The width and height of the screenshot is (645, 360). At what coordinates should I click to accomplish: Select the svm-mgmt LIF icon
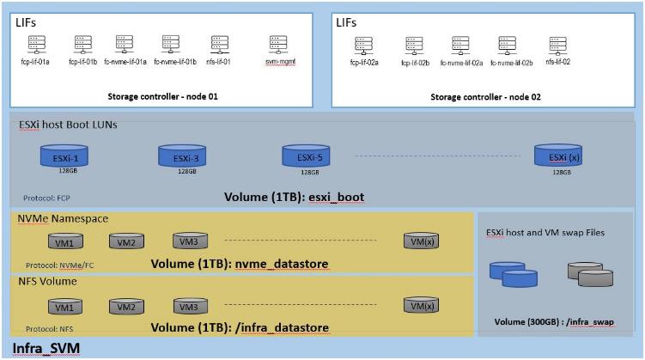pos(277,43)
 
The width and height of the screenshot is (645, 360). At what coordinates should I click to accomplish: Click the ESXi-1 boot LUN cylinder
pos(60,156)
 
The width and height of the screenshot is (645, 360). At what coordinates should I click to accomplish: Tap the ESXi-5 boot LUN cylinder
pos(302,156)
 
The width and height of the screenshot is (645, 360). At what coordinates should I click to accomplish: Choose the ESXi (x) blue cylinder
pos(557,156)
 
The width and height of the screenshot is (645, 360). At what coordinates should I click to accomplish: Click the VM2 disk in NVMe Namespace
pos(126,241)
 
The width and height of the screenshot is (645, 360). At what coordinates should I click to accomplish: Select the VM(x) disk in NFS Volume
pos(422,305)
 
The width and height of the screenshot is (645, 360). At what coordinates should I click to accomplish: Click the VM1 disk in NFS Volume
pos(64,306)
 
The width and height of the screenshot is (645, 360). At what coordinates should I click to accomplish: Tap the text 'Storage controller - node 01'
pos(163,97)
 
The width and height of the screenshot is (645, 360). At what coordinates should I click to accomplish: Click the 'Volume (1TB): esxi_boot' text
pos(294,198)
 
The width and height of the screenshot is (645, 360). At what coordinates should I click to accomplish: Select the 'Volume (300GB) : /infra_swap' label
pos(555,322)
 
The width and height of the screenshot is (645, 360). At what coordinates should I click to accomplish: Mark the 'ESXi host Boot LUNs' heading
pos(68,125)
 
